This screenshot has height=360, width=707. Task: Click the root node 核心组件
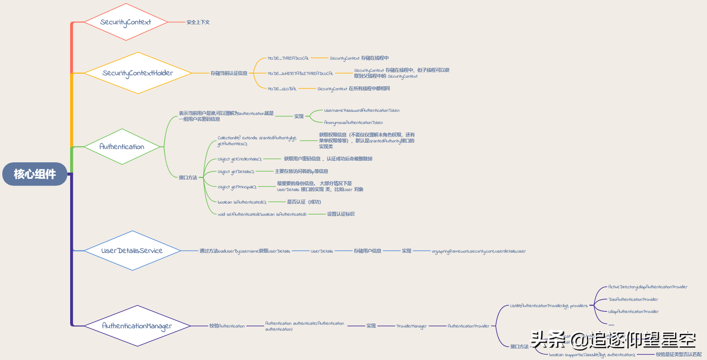pos(35,174)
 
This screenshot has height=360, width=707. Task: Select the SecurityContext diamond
pos(126,22)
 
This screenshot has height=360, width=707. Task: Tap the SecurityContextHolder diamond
pos(138,73)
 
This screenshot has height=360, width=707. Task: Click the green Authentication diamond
pos(122,147)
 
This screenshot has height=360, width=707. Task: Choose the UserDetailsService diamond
pos(132,251)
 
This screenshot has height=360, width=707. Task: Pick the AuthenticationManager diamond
pos(137,326)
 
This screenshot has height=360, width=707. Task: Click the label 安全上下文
pos(198,22)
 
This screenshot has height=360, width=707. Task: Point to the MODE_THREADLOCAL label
pos(288,58)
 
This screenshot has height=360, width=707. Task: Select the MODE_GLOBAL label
pos(282,89)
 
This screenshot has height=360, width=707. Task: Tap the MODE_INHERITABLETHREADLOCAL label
pos(300,73)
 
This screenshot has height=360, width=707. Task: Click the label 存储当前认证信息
pos(229,73)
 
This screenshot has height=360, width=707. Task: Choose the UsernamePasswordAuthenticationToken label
pos(362,111)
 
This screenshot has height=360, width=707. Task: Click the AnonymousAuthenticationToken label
pos(353,123)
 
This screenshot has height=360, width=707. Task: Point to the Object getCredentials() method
pos(239,159)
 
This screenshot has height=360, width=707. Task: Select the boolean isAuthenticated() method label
pos(242,202)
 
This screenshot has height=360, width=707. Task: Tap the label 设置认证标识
pos(341,214)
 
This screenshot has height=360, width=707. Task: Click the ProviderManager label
pos(412,326)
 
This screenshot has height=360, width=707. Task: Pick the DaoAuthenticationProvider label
pos(633,300)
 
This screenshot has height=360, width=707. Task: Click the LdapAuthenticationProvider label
pos(633,312)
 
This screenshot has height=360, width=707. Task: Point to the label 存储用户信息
pos(367,251)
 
